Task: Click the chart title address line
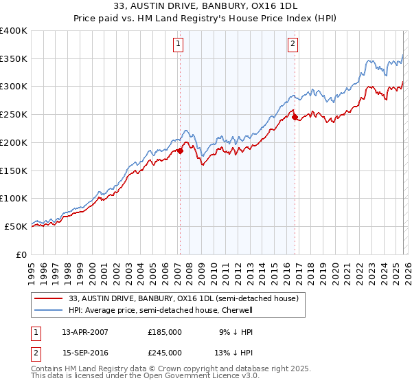pyautogui.click(x=206, y=7)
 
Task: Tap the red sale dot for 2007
pyautogui.click(x=180, y=151)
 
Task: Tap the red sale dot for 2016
pyautogui.click(x=295, y=118)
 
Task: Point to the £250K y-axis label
pyautogui.click(x=14, y=115)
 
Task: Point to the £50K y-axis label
pyautogui.click(x=16, y=226)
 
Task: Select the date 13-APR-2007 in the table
pyautogui.click(x=84, y=331)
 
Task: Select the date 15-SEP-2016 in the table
pyautogui.click(x=84, y=353)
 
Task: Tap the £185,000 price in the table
pyautogui.click(x=165, y=331)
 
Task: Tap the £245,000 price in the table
pyautogui.click(x=165, y=353)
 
